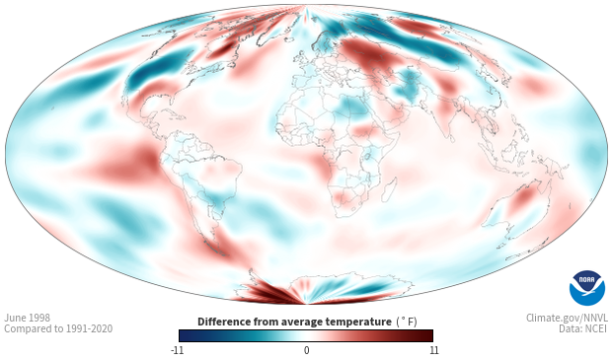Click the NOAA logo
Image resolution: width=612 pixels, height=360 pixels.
pos(587,288)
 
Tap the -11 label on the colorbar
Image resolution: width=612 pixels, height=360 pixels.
pos(178,350)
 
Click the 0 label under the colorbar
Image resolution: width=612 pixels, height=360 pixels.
pos(306,350)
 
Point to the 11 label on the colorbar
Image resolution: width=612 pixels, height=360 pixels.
pos(433,350)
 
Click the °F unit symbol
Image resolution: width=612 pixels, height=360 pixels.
pos(407,322)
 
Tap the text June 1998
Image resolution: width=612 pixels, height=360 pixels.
pos(28,318)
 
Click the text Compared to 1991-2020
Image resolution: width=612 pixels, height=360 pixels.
pos(58,328)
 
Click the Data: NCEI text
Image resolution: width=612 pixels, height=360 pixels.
pos(583,328)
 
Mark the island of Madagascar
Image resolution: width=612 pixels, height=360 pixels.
pos(390,190)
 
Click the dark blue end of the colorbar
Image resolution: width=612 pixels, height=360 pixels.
pos(185,335)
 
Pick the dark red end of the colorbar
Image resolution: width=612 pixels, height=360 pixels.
pos(427,335)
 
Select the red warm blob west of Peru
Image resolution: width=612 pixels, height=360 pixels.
pos(127,163)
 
